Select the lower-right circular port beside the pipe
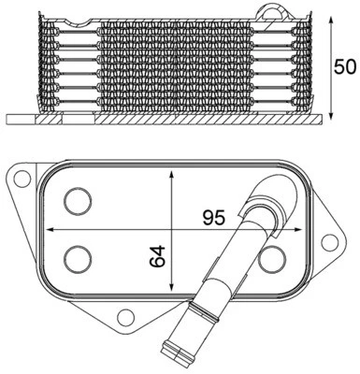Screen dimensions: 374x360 point(273,257)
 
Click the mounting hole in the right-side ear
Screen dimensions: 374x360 point(326,244)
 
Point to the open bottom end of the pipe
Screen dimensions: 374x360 point(175,359)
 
